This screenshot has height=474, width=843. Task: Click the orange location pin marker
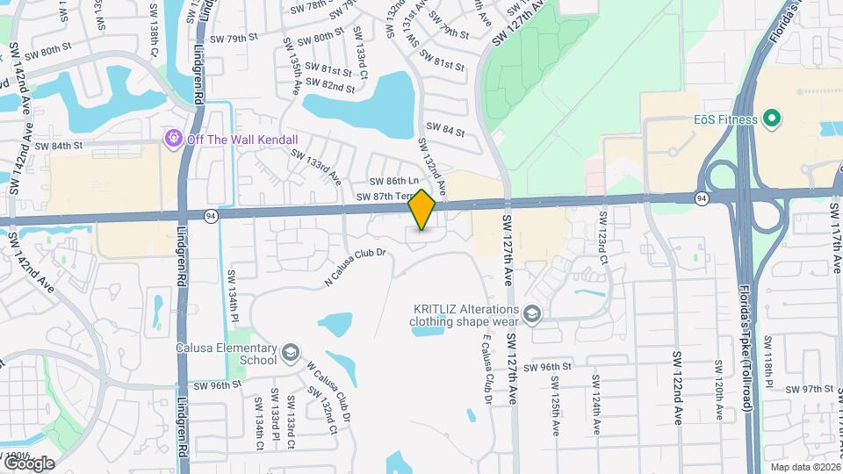click(422, 209)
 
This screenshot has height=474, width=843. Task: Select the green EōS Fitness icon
click(773, 118)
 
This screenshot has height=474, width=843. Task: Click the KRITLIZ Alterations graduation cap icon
click(532, 314)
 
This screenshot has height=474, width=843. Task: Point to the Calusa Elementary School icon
click(290, 355)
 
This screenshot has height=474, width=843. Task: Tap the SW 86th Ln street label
click(391, 181)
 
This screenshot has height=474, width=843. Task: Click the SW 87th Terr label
click(384, 197)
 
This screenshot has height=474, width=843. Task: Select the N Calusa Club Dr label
click(356, 267)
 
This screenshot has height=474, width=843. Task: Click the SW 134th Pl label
click(234, 297)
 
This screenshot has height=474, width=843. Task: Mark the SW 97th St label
click(810, 389)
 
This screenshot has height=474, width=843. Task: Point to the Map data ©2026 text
click(803, 466)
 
